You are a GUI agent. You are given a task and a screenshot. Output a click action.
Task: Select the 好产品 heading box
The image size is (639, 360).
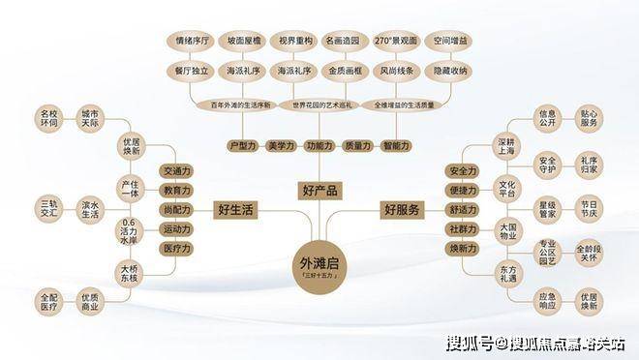(x=319, y=190)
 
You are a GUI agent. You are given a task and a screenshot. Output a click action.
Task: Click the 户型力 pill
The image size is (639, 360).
(x=241, y=145)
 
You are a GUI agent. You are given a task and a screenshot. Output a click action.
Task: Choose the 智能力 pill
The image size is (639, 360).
(x=396, y=145)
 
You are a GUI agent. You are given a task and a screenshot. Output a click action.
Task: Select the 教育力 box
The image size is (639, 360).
(x=177, y=191)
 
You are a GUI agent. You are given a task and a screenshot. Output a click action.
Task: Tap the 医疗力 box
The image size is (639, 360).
(x=177, y=249)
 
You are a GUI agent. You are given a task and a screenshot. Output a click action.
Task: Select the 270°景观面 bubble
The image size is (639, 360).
(x=395, y=44)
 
